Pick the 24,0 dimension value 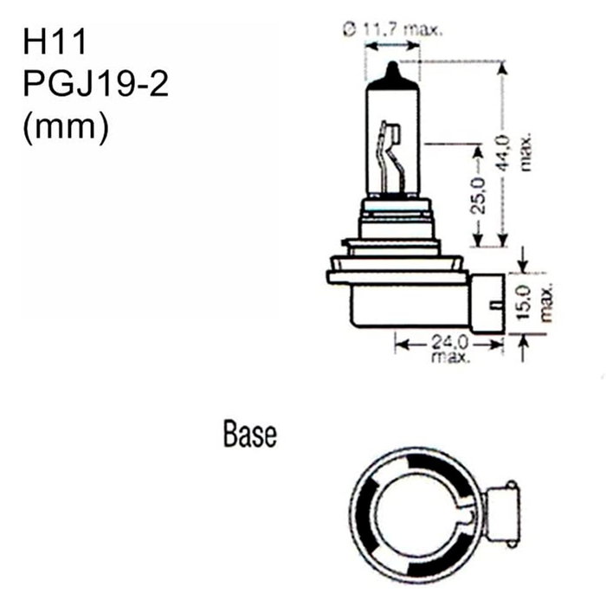[x=448, y=342]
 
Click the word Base [x=249, y=434]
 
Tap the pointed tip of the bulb [x=391, y=66]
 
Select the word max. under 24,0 [x=448, y=356]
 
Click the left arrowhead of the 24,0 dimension [x=399, y=344]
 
